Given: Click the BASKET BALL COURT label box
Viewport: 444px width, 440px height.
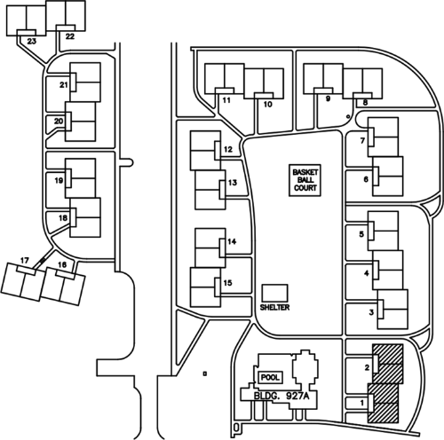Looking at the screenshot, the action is (x=305, y=180).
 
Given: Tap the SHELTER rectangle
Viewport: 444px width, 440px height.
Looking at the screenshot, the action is (x=275, y=294).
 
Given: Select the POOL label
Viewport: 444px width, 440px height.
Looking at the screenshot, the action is (x=270, y=378).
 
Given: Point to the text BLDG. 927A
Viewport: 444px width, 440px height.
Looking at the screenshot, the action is (x=281, y=396).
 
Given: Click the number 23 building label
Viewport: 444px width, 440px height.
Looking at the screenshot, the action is (x=31, y=41).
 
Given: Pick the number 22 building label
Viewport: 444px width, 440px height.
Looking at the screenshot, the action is (x=70, y=36).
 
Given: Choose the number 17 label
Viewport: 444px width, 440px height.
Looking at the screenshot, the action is (x=25, y=260).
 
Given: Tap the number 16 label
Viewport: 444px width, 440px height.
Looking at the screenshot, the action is (x=62, y=264).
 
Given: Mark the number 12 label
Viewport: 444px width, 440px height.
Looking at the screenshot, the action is (x=228, y=149).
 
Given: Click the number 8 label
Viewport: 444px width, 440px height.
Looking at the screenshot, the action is (x=365, y=103).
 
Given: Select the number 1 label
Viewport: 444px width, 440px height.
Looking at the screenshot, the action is (x=361, y=403).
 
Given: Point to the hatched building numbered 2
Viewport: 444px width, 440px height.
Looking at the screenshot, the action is (x=388, y=364).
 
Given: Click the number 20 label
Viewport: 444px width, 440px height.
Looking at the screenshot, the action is (x=59, y=122).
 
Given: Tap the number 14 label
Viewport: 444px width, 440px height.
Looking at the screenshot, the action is (x=232, y=241).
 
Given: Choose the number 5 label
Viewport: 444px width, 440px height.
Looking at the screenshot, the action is (x=361, y=234).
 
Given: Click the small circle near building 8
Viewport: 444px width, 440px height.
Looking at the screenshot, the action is (x=348, y=117).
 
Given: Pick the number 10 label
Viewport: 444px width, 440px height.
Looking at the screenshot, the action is (x=267, y=104).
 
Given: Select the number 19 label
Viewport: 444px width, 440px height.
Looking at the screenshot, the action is (x=59, y=180).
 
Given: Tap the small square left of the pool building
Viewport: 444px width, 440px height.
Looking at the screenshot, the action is (x=204, y=373).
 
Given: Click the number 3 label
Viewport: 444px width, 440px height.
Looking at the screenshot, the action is (x=371, y=312).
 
